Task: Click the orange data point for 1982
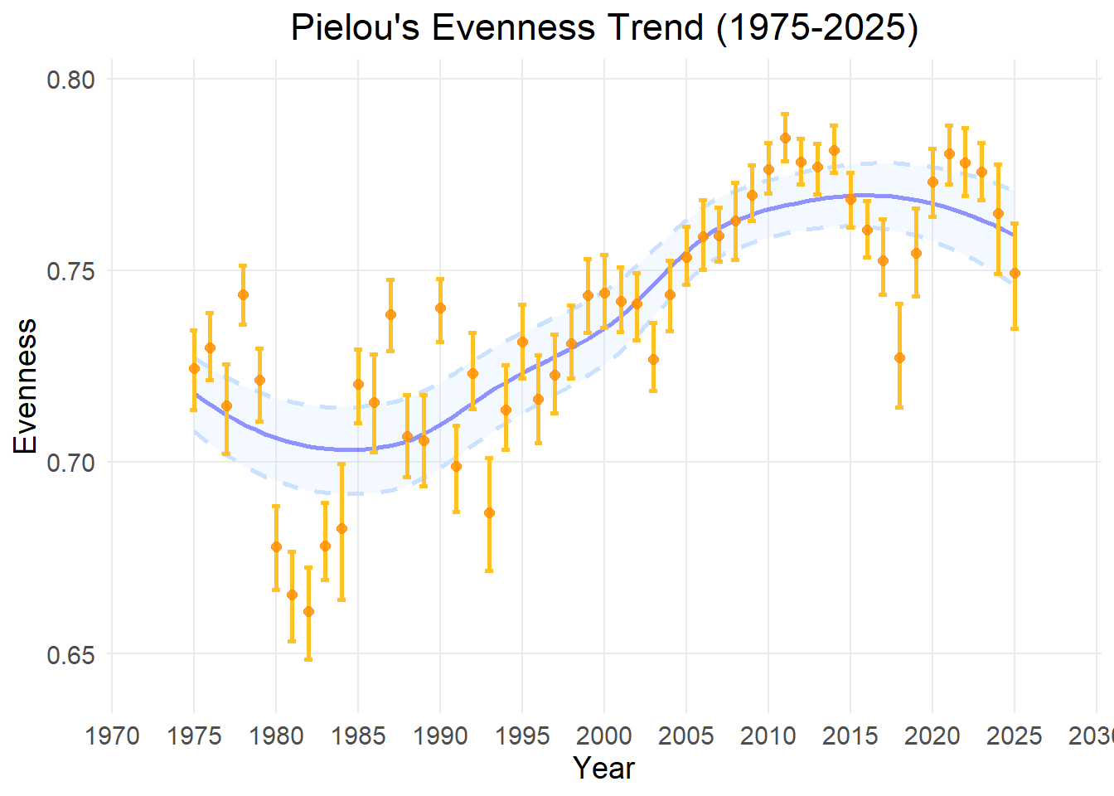[308, 611]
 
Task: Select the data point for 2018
[899, 357]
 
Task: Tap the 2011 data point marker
[785, 138]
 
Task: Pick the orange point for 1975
[194, 368]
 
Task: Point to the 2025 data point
[1015, 273]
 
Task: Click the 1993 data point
[489, 512]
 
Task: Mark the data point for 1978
[243, 294]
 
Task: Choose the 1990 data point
[440, 308]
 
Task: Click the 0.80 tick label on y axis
[70, 80]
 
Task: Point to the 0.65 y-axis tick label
[70, 654]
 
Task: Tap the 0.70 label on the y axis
[70, 463]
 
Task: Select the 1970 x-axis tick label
[112, 735]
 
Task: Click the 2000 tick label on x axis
[604, 735]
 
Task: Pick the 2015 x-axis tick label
[850, 735]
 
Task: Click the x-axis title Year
[604, 769]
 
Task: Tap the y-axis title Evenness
[27, 386]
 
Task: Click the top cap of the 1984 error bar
[341, 464]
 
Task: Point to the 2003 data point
[653, 359]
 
